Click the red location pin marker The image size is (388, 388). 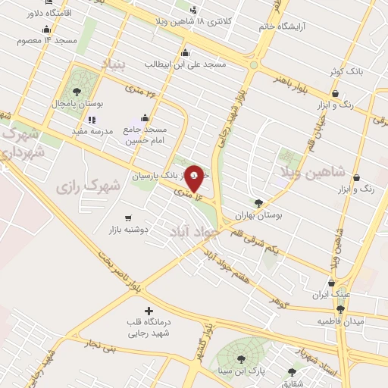[x=194, y=177]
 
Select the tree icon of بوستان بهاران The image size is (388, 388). [x=258, y=203]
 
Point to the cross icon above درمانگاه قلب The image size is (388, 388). [x=148, y=311]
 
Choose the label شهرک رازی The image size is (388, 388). [x=89, y=184]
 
